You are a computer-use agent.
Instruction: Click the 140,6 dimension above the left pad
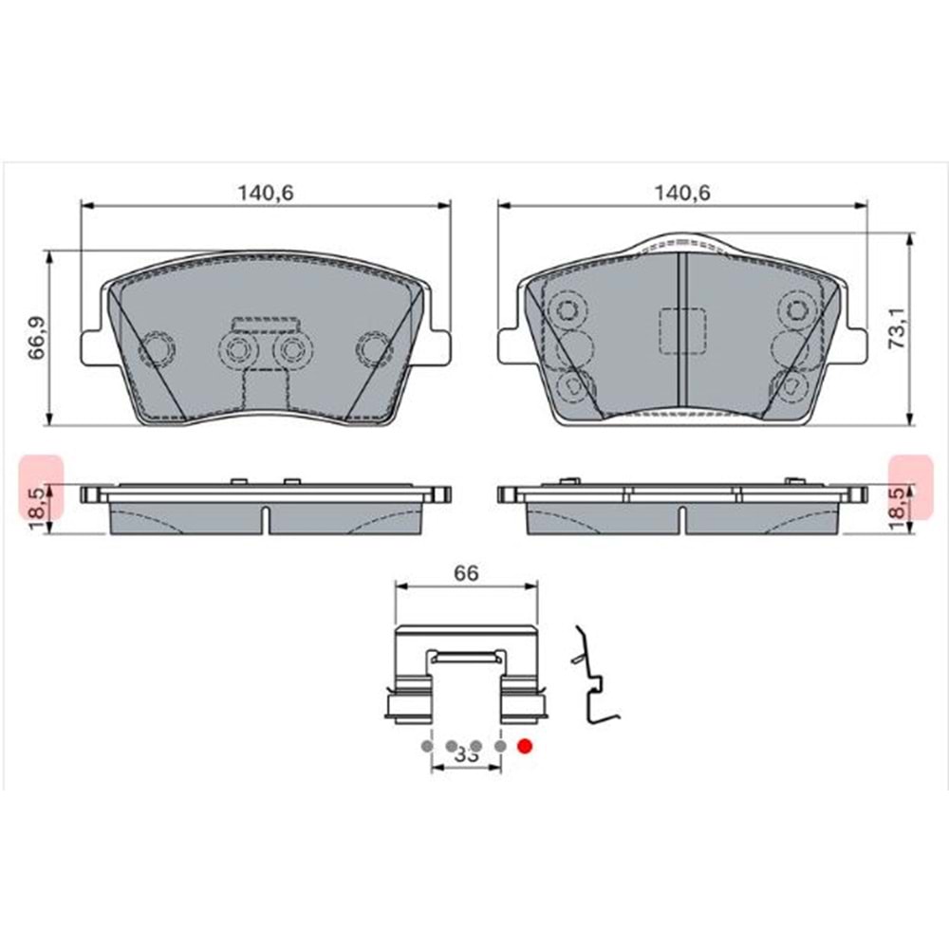[x=266, y=192]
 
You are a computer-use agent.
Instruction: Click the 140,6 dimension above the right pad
[x=683, y=192]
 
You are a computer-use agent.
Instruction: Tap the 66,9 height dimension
[x=36, y=337]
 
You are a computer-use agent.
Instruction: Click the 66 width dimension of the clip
[x=465, y=573]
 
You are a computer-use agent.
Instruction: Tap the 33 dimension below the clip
[x=465, y=755]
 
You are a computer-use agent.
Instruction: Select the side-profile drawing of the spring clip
[x=593, y=679]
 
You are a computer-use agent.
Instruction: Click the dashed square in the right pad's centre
[x=681, y=332]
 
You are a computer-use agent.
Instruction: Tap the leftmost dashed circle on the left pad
[x=155, y=349]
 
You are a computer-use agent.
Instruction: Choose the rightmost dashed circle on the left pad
[x=373, y=349]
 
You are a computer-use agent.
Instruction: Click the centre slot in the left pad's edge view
[x=265, y=520]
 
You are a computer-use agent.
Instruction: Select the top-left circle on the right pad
[x=568, y=309]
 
